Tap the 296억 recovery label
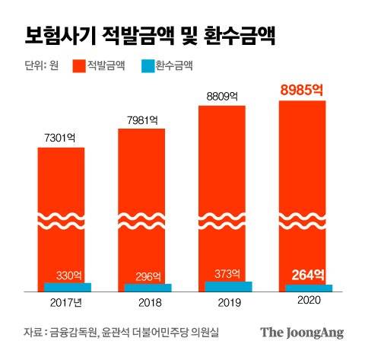pyautogui.click(x=149, y=276)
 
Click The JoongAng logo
pyautogui.click(x=302, y=333)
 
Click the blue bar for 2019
pyautogui.click(x=229, y=287)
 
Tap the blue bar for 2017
pyautogui.click(x=68, y=287)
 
